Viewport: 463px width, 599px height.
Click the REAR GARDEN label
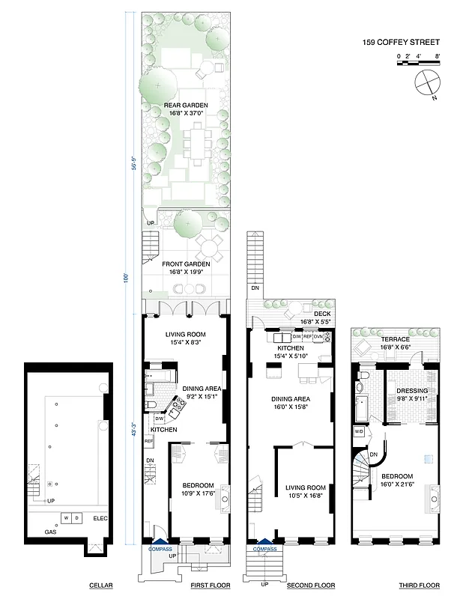click(x=184, y=106)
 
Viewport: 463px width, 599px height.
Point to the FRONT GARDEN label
click(x=184, y=263)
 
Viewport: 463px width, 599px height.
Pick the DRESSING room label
click(x=413, y=392)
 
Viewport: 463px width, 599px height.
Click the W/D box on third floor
click(x=359, y=432)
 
